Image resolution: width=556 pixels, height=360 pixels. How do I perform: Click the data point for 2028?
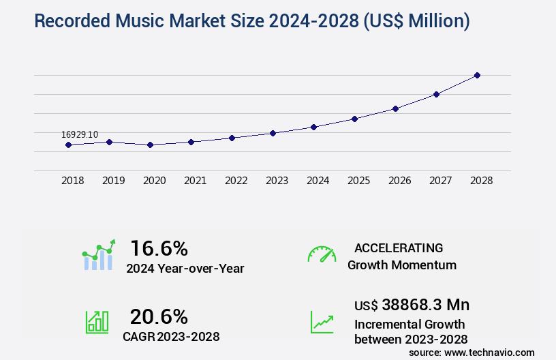click(477, 75)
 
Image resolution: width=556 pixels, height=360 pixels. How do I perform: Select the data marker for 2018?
click(68, 145)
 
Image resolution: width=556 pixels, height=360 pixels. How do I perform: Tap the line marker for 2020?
click(150, 145)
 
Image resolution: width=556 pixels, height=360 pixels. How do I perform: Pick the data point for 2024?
click(313, 127)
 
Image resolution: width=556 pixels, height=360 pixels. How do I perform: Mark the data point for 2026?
click(395, 108)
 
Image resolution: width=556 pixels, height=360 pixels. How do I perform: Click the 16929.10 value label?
click(80, 134)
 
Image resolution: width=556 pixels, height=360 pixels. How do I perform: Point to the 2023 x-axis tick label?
click(277, 181)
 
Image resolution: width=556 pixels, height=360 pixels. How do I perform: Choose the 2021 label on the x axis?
click(195, 181)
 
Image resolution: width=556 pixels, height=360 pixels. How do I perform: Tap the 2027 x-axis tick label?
click(440, 181)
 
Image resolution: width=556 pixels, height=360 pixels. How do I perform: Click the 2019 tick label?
click(113, 181)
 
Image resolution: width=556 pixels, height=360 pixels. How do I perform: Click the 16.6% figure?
click(159, 247)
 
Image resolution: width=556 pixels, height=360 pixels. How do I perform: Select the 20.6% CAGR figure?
click(159, 316)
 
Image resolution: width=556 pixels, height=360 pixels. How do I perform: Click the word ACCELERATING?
click(399, 248)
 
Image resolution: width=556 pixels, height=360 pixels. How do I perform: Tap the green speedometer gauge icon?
click(322, 254)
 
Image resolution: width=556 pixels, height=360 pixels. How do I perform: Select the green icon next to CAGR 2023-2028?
click(96, 322)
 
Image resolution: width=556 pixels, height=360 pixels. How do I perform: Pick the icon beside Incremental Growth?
click(322, 322)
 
